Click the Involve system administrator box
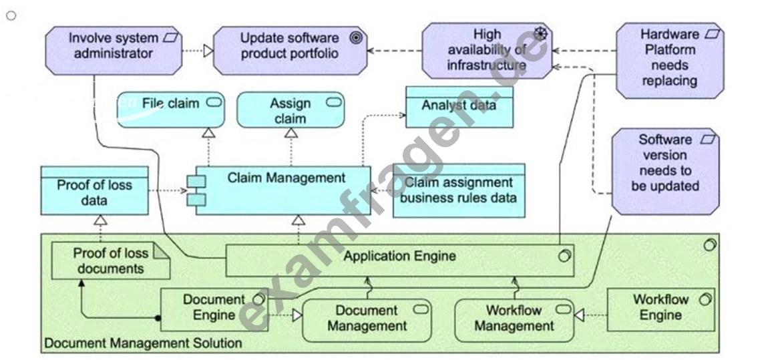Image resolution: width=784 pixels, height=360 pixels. (x=114, y=51)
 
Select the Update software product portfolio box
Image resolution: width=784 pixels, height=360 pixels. (x=290, y=51)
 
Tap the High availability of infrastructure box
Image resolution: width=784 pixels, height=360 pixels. (x=487, y=51)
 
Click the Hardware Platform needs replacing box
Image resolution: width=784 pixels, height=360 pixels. (x=670, y=60)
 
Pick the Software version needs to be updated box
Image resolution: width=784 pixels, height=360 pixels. (x=666, y=171)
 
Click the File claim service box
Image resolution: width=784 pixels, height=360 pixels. (x=170, y=110)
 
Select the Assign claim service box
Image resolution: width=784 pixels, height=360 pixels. (x=290, y=110)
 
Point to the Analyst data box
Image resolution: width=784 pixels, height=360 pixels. (x=459, y=107)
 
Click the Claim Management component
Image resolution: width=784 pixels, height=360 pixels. (x=283, y=190)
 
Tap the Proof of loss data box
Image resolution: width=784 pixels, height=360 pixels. (x=95, y=191)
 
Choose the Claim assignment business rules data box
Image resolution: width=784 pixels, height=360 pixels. (x=459, y=190)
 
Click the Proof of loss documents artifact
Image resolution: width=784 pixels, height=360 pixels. (x=111, y=261)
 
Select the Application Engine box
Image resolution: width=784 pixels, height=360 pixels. (x=399, y=260)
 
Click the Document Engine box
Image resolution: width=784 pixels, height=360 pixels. (x=214, y=309)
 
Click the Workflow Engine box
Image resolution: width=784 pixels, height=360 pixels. (x=661, y=309)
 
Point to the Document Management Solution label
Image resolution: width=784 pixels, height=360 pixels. (x=144, y=343)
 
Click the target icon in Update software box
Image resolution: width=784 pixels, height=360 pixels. (x=355, y=38)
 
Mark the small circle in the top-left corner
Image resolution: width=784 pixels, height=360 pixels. (x=11, y=15)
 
